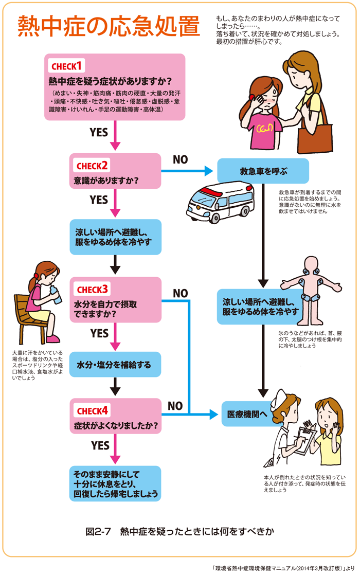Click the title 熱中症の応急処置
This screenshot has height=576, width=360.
click(x=109, y=27)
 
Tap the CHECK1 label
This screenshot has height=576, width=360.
click(x=66, y=67)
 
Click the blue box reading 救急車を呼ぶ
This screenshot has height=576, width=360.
click(x=263, y=171)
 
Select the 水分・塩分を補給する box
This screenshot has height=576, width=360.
click(x=115, y=365)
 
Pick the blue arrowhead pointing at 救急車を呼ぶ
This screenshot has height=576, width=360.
click(x=209, y=171)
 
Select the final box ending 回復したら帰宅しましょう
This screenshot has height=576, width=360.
click(x=115, y=483)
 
